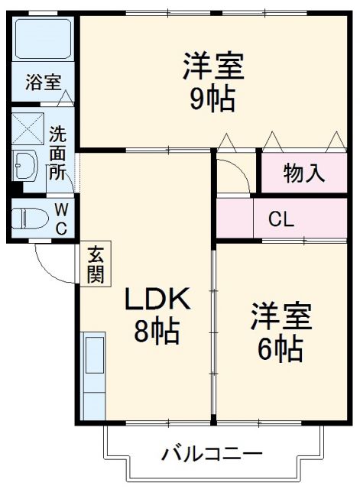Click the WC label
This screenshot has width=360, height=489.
coord(63,219)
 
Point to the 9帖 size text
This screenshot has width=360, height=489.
coord(212,99)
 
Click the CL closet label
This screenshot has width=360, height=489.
coord(281,220)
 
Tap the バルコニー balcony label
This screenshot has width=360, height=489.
coord(212,454)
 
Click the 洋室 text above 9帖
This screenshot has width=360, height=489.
coord(212,66)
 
